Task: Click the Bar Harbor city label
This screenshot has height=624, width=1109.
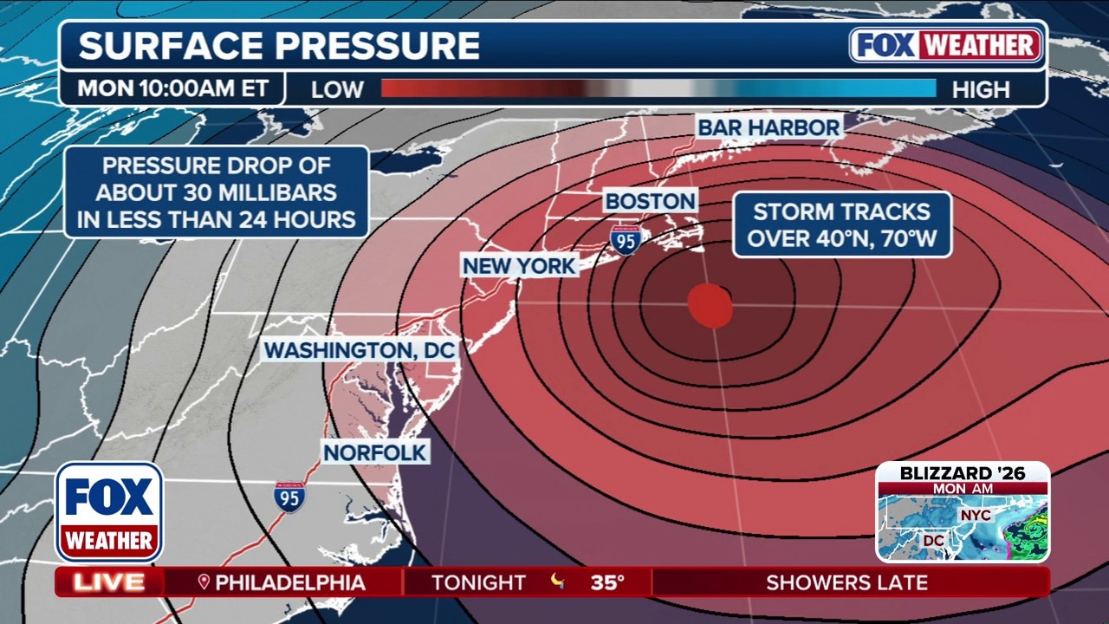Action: (x=769, y=127)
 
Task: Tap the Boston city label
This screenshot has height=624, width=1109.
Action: (x=650, y=201)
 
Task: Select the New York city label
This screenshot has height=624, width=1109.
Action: (x=519, y=265)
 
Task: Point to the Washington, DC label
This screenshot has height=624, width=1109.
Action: (x=360, y=350)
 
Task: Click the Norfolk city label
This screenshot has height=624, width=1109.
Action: (x=375, y=452)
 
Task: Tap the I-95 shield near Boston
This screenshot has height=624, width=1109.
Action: (x=625, y=239)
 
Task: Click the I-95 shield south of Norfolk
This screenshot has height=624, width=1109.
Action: (x=289, y=497)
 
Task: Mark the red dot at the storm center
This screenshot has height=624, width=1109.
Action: (x=710, y=306)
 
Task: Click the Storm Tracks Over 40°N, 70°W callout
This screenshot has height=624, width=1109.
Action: (x=842, y=224)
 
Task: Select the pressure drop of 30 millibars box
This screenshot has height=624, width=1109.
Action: (x=216, y=192)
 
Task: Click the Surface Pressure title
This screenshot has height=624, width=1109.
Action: (x=279, y=46)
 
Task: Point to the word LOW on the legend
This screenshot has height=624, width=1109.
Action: (x=337, y=89)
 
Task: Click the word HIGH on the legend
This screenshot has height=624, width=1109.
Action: (x=981, y=89)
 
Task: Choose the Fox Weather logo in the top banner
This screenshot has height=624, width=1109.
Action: (x=945, y=45)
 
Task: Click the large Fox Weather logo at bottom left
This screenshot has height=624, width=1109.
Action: (x=109, y=511)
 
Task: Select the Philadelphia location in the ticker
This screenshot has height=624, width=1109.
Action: (x=282, y=582)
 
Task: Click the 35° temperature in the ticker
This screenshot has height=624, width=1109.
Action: (x=607, y=582)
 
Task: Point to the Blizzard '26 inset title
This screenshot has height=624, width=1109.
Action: (x=962, y=473)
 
